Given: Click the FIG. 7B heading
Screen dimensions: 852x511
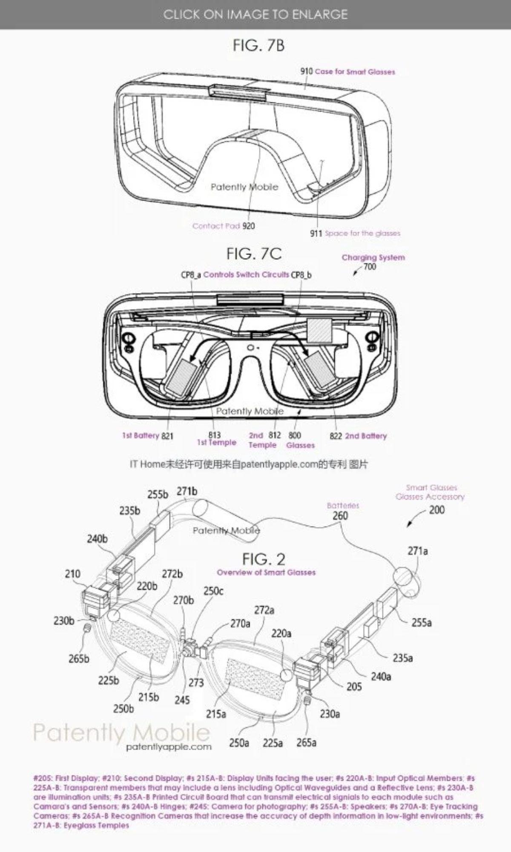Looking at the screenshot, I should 258,45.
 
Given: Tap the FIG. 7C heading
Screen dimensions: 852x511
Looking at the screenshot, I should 254,254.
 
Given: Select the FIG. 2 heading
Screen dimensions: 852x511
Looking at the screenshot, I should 264,559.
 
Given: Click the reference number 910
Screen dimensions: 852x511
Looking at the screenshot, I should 307,72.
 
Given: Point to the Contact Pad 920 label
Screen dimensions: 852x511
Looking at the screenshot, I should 224,226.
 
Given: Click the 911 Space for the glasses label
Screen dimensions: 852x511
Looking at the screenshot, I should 355,233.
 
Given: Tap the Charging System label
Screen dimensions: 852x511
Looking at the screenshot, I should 373,257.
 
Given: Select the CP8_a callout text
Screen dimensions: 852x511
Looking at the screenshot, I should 190,275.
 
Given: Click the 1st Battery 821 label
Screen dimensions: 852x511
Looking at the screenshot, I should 147,436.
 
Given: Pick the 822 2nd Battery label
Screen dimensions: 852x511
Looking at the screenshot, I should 358,436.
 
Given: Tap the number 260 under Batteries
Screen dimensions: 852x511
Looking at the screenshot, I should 340,516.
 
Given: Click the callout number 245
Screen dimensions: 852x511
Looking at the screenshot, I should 182,700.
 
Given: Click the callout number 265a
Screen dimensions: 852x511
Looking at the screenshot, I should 306,743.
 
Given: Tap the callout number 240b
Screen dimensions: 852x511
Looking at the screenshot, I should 97,539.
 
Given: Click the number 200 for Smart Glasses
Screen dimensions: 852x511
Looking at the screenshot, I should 436,510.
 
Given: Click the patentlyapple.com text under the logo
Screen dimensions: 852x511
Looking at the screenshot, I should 169,747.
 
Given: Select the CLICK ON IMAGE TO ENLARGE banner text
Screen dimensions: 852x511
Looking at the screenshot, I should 255,14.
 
